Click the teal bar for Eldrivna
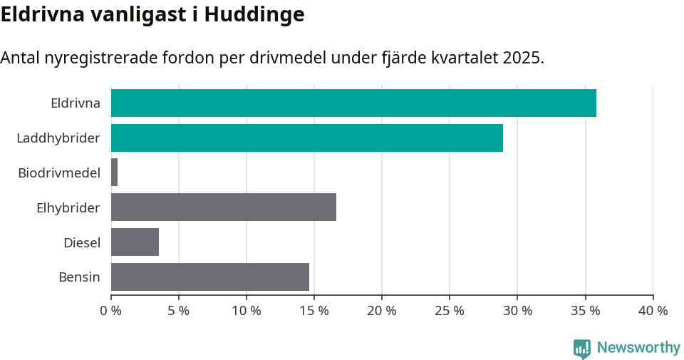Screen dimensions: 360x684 pyautogui.click(x=353, y=103)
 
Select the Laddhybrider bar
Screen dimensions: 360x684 pyautogui.click(x=307, y=138)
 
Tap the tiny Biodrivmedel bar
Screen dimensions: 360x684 pyautogui.click(x=114, y=173)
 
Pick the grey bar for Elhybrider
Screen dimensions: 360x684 pyautogui.click(x=224, y=207)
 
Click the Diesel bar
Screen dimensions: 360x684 pyautogui.click(x=135, y=242)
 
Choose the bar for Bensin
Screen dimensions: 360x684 pyautogui.click(x=210, y=277)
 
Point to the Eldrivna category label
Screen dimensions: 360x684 pyautogui.click(x=76, y=103)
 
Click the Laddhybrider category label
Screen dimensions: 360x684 pyautogui.click(x=58, y=138)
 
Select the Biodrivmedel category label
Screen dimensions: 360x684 pyautogui.click(x=59, y=173)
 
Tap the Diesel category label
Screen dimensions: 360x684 pyautogui.click(x=82, y=242)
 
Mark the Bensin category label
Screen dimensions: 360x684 pyautogui.click(x=79, y=277)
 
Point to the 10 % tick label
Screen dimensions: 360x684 pyautogui.click(x=246, y=311)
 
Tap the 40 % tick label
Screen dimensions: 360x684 pyautogui.click(x=653, y=311)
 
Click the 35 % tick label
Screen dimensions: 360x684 pyautogui.click(x=585, y=311)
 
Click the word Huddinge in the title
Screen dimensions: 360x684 pyautogui.click(x=254, y=14)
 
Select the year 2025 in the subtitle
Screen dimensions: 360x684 pyautogui.click(x=522, y=58)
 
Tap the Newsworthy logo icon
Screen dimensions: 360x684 pyautogui.click(x=582, y=348)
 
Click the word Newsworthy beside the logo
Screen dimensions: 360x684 pyautogui.click(x=638, y=348)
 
